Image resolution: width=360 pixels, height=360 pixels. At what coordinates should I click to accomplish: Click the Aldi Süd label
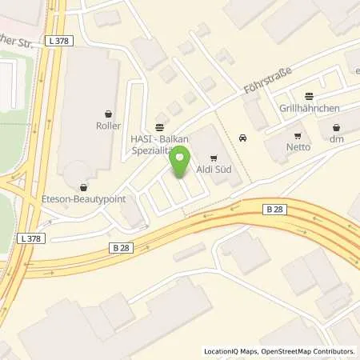[x=213, y=170]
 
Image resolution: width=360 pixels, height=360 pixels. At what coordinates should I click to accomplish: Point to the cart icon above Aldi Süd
[x=213, y=158]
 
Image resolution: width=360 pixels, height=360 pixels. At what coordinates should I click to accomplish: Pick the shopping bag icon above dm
[x=335, y=127]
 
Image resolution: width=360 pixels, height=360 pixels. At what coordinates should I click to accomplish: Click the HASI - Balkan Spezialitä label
[x=159, y=139]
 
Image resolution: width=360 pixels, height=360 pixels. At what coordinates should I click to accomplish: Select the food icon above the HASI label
[x=159, y=127]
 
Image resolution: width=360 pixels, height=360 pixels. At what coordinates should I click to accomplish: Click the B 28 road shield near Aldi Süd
[x=274, y=209]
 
